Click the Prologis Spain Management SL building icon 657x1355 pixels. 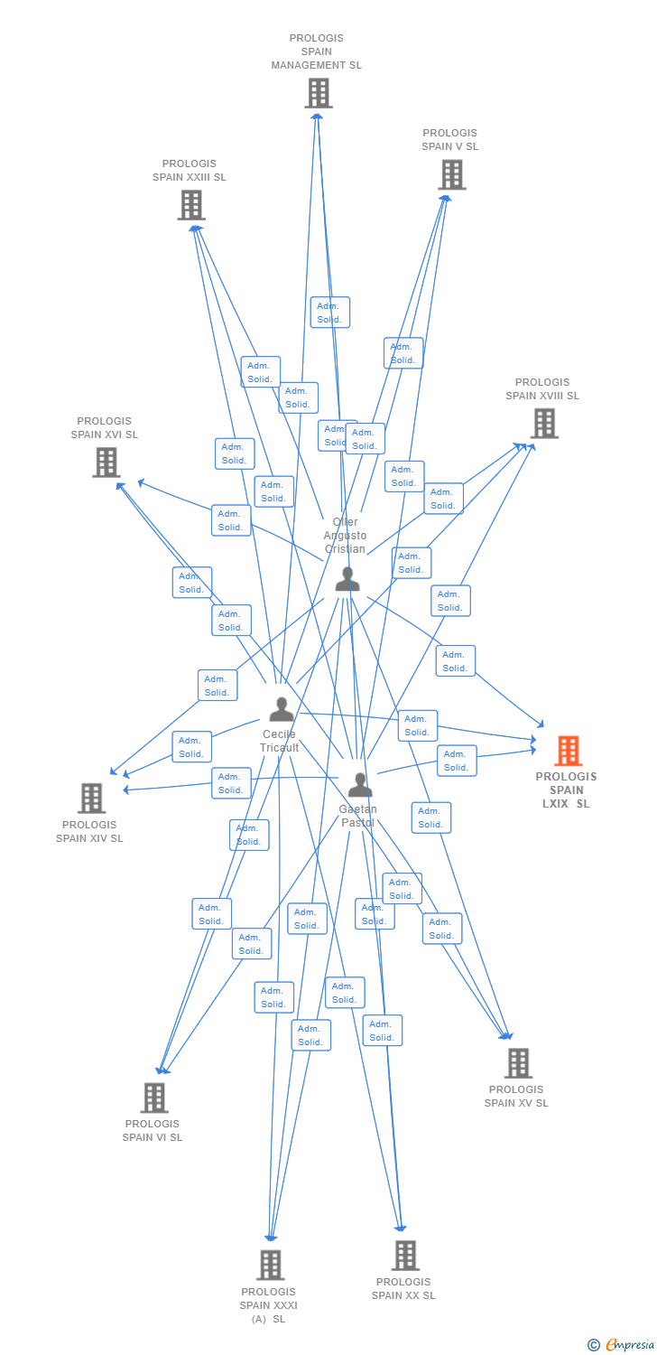(318, 93)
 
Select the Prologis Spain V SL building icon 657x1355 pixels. (452, 174)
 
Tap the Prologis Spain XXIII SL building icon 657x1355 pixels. (190, 205)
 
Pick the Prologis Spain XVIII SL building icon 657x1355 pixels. (544, 423)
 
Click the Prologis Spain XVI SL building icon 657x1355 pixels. (106, 463)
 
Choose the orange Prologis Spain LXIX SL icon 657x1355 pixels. (568, 751)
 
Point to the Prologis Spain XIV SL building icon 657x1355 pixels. (91, 799)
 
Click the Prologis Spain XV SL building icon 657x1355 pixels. (518, 1063)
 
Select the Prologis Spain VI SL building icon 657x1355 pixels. (154, 1098)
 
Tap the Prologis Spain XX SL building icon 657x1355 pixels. (405, 1255)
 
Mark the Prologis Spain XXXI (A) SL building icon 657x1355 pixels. (271, 1265)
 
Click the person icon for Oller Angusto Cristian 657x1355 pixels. (347, 579)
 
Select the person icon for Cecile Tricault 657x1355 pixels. (282, 709)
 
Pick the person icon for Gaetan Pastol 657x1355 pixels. (360, 785)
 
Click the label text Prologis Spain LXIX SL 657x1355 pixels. (566, 790)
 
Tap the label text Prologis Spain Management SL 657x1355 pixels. (317, 51)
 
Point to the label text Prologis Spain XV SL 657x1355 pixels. (516, 1096)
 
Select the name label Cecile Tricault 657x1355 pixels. (279, 742)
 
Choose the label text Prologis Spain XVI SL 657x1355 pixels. (105, 428)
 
